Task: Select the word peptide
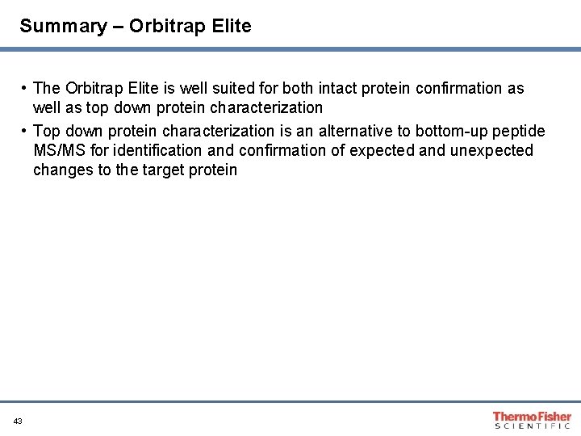[519, 132]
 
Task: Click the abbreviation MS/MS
[59, 150]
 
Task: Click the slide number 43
[18, 421]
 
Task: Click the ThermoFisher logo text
[532, 416]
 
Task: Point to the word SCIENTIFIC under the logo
[532, 426]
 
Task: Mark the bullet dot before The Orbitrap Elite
[26, 88]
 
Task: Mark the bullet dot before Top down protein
[26, 131]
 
